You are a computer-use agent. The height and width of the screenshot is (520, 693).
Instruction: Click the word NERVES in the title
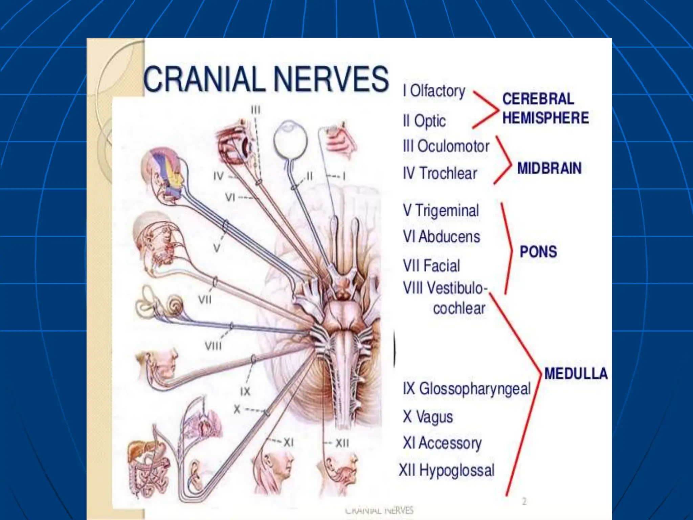(x=331, y=79)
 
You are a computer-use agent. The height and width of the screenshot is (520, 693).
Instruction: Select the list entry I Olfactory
(x=434, y=91)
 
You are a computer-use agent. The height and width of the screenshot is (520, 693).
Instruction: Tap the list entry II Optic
(x=424, y=121)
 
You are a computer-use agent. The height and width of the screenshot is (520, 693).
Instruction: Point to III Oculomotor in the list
(x=446, y=146)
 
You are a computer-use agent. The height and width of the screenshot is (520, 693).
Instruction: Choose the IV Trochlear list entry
(x=440, y=173)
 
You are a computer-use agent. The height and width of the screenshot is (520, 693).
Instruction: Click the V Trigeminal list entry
(x=441, y=210)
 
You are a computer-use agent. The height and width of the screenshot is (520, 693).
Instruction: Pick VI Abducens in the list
(x=441, y=237)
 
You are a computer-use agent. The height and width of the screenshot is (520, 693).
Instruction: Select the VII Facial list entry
(x=431, y=265)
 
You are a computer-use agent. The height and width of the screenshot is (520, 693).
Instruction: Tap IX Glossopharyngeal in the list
(x=467, y=388)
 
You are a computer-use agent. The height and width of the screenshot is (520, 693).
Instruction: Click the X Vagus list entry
(x=428, y=416)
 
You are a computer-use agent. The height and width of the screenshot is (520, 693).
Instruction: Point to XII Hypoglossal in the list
(x=447, y=470)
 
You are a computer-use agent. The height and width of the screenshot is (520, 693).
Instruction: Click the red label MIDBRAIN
(x=549, y=168)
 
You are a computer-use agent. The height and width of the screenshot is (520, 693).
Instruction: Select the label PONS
(x=538, y=252)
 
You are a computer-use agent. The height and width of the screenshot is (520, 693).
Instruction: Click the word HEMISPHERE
(x=545, y=118)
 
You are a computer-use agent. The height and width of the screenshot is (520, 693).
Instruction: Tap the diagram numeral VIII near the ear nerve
(x=213, y=346)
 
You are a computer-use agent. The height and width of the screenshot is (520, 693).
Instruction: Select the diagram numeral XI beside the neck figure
(x=288, y=442)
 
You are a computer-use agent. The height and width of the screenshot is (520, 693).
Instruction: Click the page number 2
(x=524, y=501)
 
